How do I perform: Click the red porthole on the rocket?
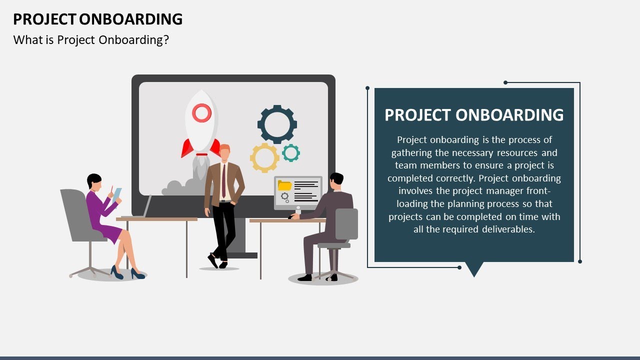[x=201, y=113]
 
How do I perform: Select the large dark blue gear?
[x=277, y=124]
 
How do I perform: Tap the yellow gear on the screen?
[x=264, y=157]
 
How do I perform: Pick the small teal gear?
[x=290, y=152]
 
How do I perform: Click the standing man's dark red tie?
[x=223, y=180]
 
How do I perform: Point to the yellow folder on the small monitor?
[x=284, y=185]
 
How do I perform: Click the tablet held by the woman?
[x=117, y=194]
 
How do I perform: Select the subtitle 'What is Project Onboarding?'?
[x=91, y=40]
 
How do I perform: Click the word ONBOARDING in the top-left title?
[x=131, y=19]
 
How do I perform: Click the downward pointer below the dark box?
[x=474, y=269]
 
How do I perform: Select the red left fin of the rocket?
[x=187, y=148]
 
